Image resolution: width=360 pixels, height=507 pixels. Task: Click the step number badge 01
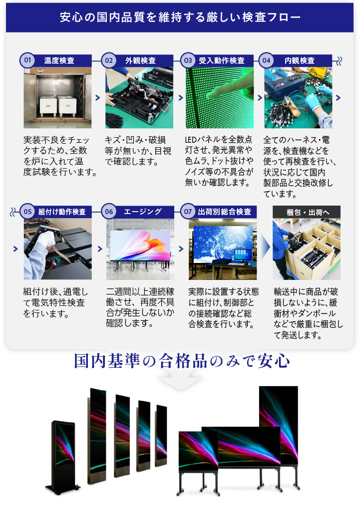pyautogui.click(x=27, y=60)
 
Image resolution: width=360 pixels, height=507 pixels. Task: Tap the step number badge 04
pyautogui.click(x=267, y=60)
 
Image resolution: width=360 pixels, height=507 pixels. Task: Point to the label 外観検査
pyautogui.click(x=140, y=61)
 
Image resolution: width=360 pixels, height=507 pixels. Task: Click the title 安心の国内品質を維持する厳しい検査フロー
pyautogui.click(x=180, y=17)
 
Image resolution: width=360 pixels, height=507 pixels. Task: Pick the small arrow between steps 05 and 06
pyautogui.click(x=100, y=249)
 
